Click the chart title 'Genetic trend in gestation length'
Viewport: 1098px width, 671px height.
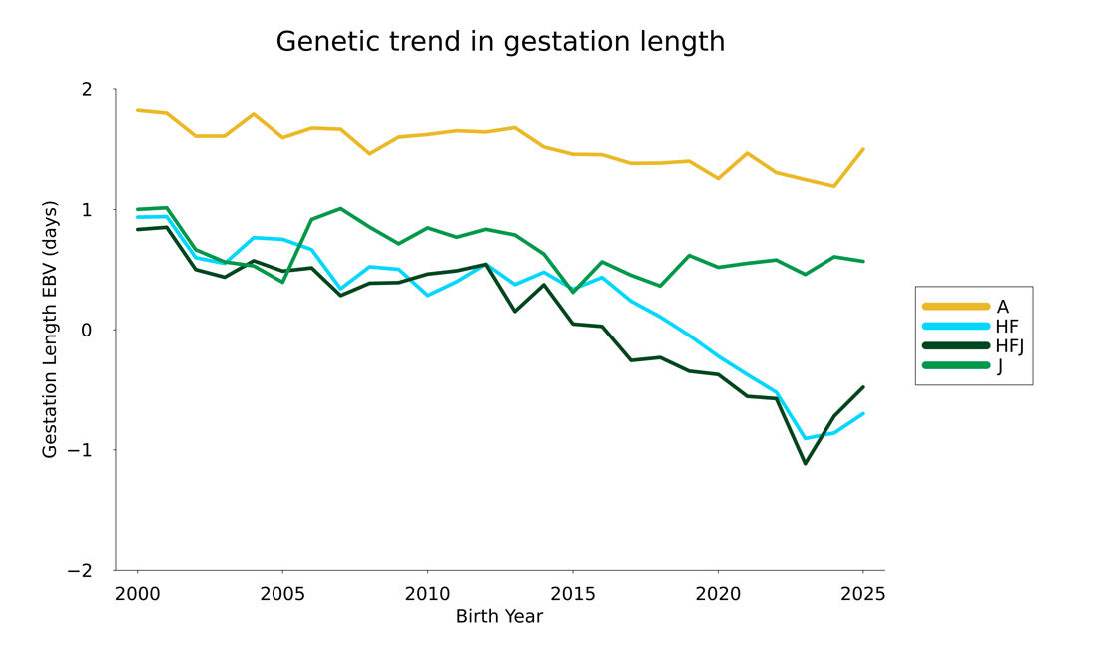(x=500, y=42)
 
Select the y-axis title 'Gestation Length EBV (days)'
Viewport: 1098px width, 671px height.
(x=50, y=330)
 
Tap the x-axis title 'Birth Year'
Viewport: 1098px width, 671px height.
(x=499, y=617)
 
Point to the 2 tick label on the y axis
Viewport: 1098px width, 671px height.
(x=87, y=90)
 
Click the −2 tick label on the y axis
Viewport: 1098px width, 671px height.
(x=80, y=571)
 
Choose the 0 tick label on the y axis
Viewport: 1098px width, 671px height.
(x=87, y=331)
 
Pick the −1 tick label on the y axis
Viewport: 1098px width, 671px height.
(x=80, y=450)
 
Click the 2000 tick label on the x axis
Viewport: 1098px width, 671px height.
(x=138, y=595)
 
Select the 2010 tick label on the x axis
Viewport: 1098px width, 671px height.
(x=427, y=595)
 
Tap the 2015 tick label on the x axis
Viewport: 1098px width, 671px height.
(x=573, y=595)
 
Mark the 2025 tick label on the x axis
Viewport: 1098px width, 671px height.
(x=862, y=595)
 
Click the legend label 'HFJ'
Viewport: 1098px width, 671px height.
(x=1010, y=346)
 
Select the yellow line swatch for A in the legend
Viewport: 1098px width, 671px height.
(x=956, y=307)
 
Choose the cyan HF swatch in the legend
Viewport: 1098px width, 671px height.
(x=956, y=327)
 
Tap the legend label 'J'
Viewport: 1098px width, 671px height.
(x=1000, y=366)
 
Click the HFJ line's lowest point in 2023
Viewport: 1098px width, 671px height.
(x=805, y=463)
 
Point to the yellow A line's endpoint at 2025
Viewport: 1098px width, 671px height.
(x=862, y=150)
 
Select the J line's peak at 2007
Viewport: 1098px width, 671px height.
(x=340, y=209)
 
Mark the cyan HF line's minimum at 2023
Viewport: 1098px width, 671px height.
(x=805, y=439)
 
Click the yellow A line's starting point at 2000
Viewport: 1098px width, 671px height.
(x=138, y=110)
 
